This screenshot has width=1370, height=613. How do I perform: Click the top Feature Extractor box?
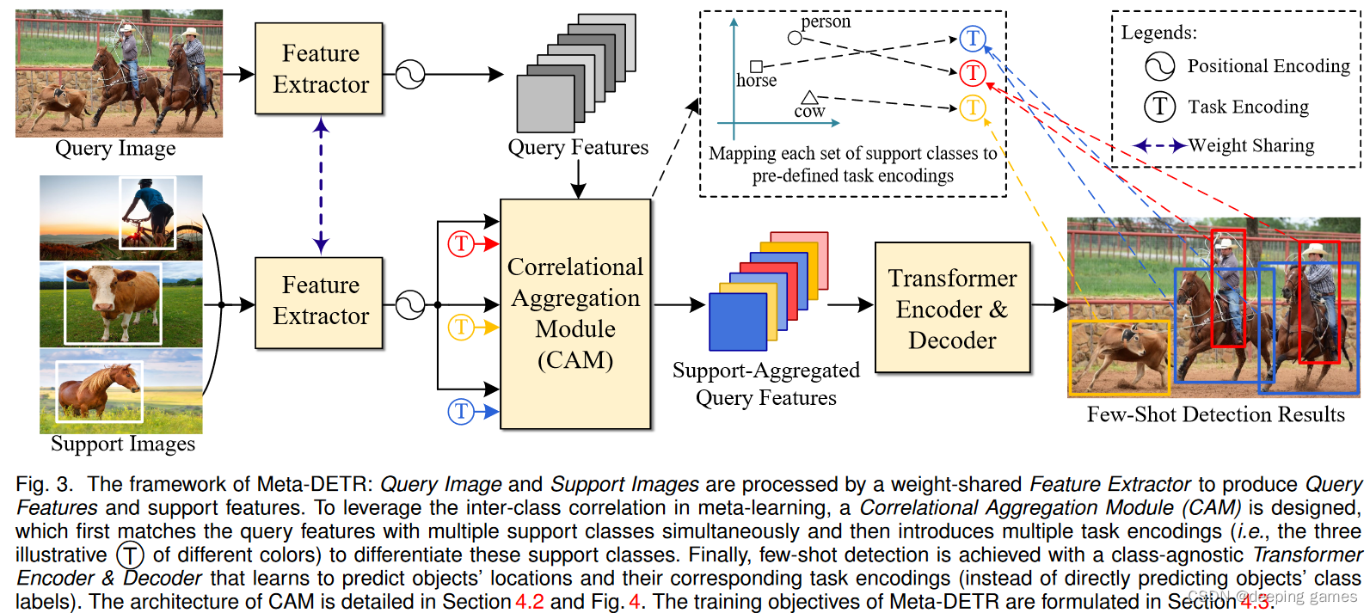tap(319, 69)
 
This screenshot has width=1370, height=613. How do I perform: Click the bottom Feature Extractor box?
tap(319, 302)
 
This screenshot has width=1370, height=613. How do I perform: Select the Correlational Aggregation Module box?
tap(575, 314)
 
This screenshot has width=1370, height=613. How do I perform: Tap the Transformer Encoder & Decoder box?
tap(952, 308)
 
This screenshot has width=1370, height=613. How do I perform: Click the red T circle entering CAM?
tap(461, 244)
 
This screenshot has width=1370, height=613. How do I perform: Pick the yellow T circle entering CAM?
tap(461, 327)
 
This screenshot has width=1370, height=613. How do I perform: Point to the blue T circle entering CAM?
tap(461, 411)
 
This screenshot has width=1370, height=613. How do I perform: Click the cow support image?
tap(120, 303)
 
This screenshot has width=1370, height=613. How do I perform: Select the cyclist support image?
tap(120, 218)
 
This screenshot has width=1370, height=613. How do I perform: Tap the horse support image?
tap(120, 390)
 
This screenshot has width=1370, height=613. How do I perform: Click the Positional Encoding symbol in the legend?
tap(1159, 66)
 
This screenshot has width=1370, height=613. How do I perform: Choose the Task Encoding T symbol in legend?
tap(1159, 107)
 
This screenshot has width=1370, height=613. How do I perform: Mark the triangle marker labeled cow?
tap(809, 97)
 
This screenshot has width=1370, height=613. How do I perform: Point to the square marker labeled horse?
tap(756, 66)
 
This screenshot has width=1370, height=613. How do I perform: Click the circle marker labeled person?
tap(795, 37)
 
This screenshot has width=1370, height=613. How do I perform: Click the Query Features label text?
tap(578, 147)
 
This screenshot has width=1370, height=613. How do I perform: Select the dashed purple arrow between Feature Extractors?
tap(321, 185)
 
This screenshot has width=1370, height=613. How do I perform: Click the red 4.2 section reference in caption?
tap(529, 601)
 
